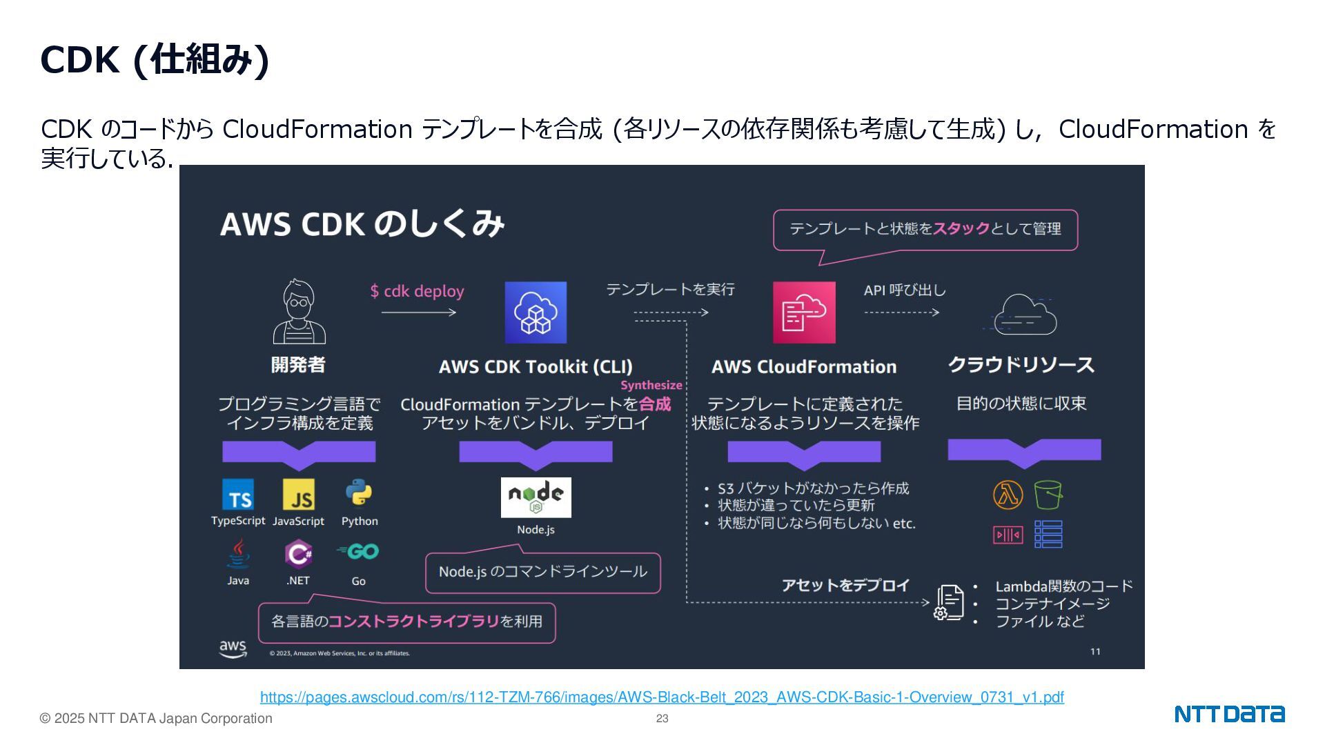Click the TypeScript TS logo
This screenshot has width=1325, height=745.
(238, 495)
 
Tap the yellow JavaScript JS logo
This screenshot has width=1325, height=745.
(299, 495)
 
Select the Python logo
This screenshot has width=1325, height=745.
(359, 493)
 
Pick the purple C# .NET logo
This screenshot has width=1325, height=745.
(299, 553)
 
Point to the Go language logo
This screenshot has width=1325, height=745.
(358, 552)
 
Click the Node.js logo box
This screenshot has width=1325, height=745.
(536, 497)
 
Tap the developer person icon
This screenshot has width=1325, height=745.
(299, 312)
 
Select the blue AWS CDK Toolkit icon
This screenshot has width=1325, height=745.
(536, 312)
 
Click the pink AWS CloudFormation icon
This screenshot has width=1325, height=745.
(804, 312)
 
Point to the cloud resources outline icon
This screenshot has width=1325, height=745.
(1023, 315)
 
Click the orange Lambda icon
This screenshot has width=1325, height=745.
(1008, 495)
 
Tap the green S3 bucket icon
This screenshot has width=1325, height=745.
(1048, 495)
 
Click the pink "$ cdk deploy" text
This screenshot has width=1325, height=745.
(417, 291)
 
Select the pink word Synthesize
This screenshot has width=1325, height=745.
(651, 386)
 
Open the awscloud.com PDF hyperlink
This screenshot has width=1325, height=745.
(662, 697)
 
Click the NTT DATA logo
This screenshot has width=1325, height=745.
(1229, 714)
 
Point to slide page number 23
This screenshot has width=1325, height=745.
(662, 719)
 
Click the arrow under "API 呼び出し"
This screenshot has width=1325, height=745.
(901, 312)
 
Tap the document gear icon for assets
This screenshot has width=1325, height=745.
(949, 603)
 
